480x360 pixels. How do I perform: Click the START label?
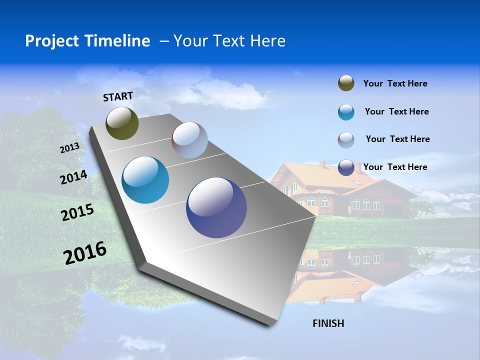(118, 96)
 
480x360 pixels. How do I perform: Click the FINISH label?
(328, 323)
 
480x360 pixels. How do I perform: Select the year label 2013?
(70, 148)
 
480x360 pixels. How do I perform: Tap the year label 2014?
(74, 177)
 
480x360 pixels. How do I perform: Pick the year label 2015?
(77, 212)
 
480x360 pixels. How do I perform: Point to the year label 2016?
(85, 253)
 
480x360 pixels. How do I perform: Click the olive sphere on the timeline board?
(122, 123)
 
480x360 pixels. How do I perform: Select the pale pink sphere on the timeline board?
(189, 140)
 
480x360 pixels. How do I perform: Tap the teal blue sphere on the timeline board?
(145, 180)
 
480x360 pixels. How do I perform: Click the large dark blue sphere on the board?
(216, 207)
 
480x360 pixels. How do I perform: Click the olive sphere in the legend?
(346, 83)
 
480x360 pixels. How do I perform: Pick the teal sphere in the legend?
(346, 112)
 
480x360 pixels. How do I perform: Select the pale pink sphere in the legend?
(346, 140)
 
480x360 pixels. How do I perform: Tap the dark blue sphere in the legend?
(346, 167)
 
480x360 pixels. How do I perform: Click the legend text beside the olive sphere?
(395, 83)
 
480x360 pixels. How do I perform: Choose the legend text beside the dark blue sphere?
(395, 167)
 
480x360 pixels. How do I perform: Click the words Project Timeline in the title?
(87, 41)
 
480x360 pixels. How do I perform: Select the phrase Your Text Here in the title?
(229, 41)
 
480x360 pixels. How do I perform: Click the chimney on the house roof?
(322, 164)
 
